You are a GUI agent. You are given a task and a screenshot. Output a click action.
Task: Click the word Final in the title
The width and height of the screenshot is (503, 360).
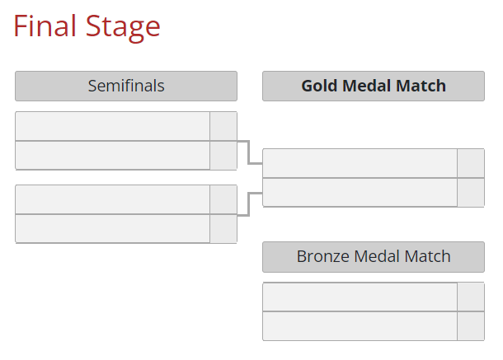click(x=45, y=26)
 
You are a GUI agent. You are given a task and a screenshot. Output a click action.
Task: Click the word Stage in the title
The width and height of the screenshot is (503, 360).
click(x=123, y=28)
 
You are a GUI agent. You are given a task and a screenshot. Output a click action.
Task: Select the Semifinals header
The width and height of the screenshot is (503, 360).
click(x=126, y=86)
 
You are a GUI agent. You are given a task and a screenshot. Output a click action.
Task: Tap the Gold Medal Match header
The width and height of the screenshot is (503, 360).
click(x=374, y=86)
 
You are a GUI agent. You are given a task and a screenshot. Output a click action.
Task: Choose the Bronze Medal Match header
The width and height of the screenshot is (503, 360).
click(x=374, y=257)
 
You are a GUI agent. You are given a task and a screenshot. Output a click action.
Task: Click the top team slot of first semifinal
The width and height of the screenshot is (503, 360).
click(x=113, y=126)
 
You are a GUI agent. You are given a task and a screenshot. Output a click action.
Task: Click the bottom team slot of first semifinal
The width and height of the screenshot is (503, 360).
click(x=113, y=156)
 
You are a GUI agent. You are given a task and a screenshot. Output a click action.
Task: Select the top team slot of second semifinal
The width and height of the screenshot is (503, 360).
click(x=113, y=199)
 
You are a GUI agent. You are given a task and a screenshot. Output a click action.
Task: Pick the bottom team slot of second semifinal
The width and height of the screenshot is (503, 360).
click(x=113, y=228)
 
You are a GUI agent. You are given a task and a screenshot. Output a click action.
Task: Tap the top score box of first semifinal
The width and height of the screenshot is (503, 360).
click(x=223, y=126)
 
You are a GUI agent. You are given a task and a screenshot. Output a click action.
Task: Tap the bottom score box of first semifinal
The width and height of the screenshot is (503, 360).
click(x=223, y=156)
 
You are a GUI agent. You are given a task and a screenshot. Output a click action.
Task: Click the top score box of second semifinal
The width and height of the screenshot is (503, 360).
click(x=223, y=199)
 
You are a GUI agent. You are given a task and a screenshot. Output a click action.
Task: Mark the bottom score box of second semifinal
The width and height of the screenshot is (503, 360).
click(x=223, y=228)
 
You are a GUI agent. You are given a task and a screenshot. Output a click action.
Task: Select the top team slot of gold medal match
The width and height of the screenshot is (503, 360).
click(x=360, y=163)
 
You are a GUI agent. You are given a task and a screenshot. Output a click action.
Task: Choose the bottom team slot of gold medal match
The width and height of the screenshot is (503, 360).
click(x=360, y=192)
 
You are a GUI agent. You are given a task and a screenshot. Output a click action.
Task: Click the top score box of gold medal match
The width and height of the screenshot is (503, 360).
click(x=471, y=163)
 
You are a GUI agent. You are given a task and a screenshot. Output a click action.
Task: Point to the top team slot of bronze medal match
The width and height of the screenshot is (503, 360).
click(x=360, y=297)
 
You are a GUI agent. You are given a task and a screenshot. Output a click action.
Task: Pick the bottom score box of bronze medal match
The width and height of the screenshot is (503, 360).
click(x=471, y=326)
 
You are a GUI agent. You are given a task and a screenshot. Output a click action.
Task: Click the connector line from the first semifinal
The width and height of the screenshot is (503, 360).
click(x=248, y=152)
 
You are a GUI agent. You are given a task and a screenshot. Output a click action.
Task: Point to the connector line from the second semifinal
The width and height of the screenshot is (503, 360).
click(x=248, y=204)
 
